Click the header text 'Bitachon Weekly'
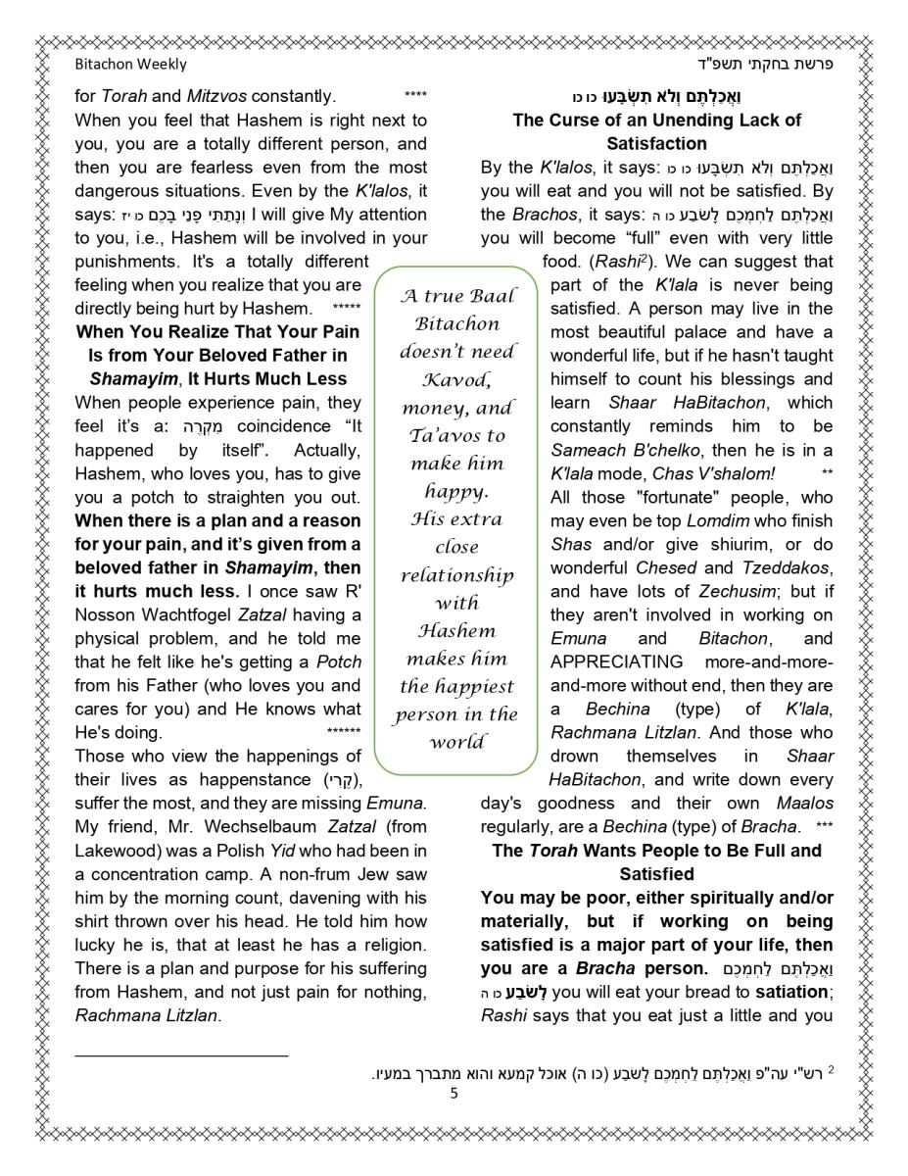(130, 64)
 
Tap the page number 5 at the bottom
(454, 1094)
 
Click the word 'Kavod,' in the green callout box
(456, 379)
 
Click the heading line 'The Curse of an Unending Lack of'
(656, 121)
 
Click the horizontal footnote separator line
(181, 1054)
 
